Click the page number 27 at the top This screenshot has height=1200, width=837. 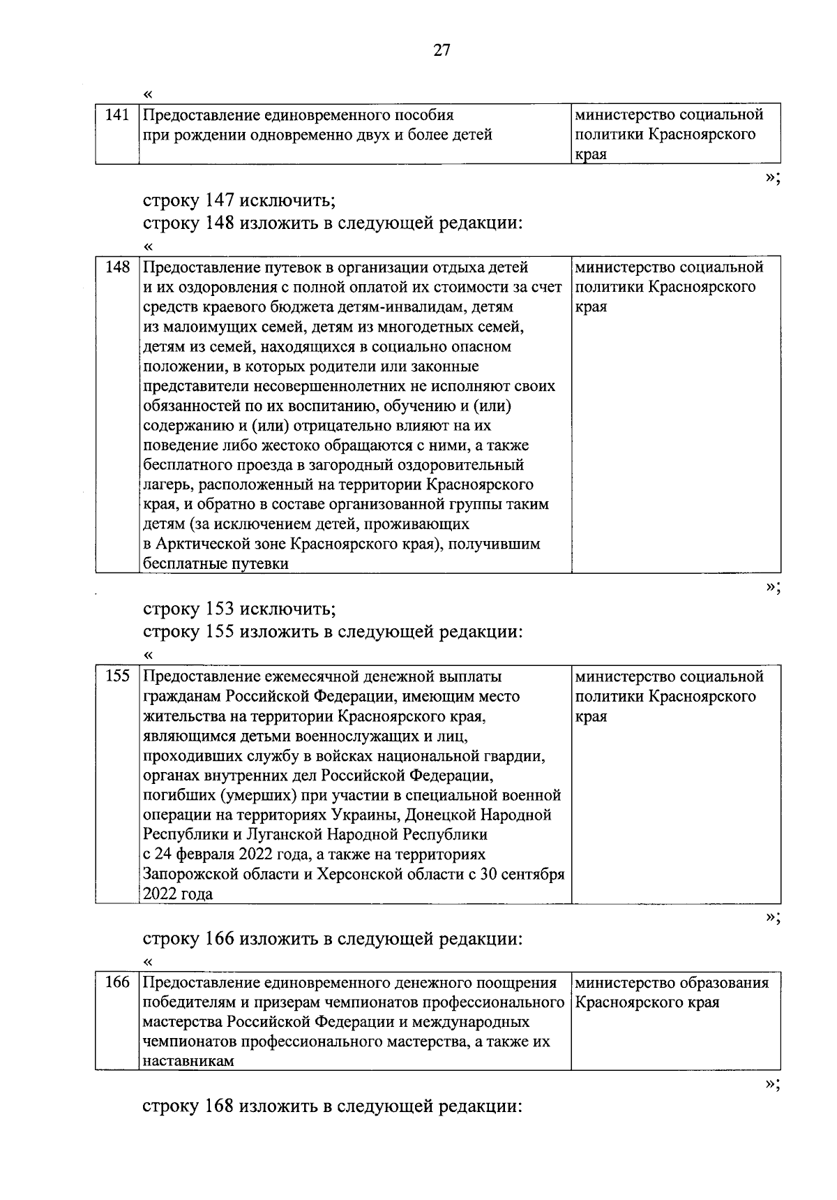coord(442,50)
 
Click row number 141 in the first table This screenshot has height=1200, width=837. coord(116,114)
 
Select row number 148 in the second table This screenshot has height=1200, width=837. coord(116,267)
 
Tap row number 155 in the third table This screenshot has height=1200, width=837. coord(116,676)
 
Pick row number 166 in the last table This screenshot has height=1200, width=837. coord(116,983)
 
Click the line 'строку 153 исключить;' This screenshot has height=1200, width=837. coord(239,609)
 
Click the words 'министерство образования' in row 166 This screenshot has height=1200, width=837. coord(672,983)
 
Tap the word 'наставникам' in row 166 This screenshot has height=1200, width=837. coord(188,1062)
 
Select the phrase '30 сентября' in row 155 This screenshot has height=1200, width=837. coord(522,874)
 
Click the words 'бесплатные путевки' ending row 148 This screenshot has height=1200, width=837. coord(216,563)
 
